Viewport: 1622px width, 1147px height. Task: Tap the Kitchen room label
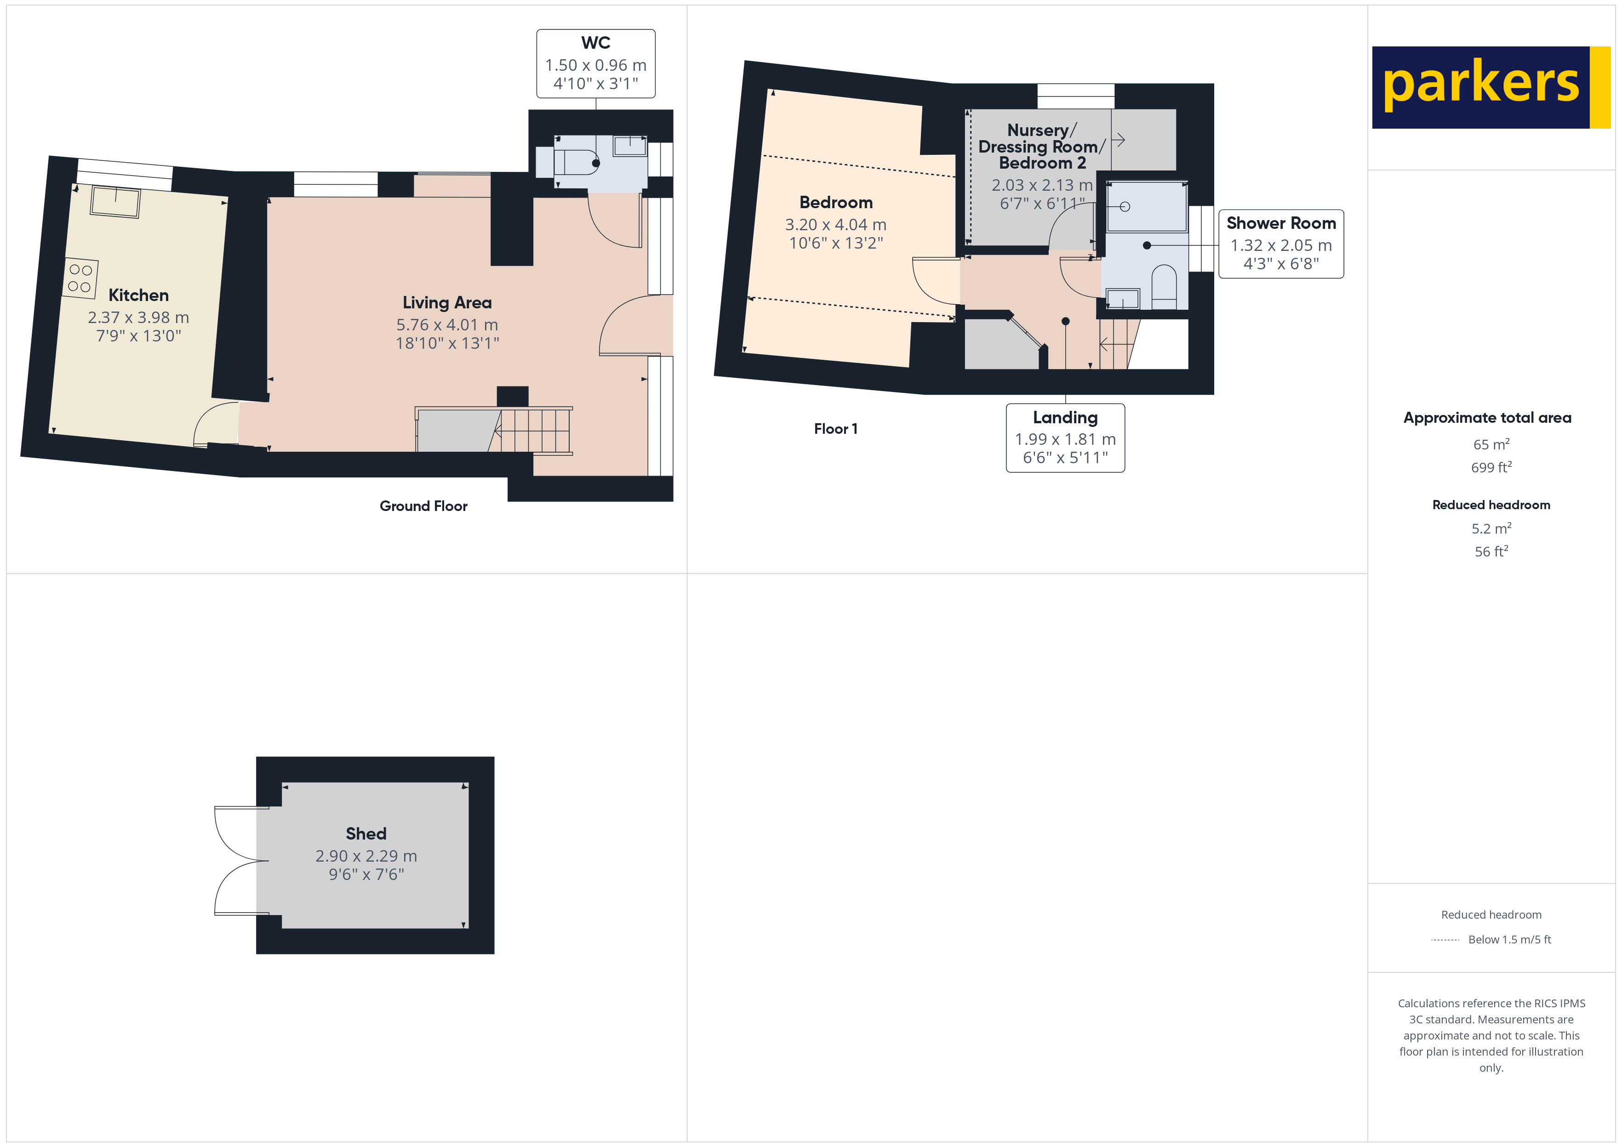(138, 295)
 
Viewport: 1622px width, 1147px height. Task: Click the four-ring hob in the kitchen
(80, 278)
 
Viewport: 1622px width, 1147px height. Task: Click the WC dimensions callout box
(595, 63)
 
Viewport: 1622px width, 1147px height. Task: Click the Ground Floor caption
(423, 505)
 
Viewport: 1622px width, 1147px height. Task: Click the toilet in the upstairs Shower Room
(1164, 285)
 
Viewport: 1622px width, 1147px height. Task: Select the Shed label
(366, 834)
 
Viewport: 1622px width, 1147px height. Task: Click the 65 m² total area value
(1491, 444)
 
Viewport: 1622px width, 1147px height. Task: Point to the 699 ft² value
(1491, 467)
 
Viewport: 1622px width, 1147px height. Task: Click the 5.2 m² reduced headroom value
(1491, 528)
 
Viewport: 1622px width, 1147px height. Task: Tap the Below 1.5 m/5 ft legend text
(1509, 939)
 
